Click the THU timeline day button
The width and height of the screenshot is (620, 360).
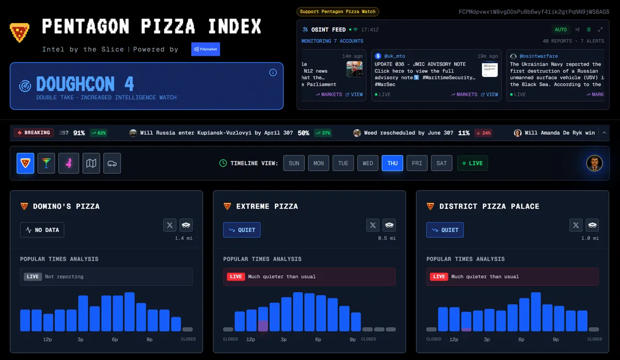pyautogui.click(x=392, y=163)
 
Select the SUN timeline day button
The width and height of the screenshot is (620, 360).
pyautogui.click(x=294, y=163)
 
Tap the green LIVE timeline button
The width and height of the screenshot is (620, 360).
pyautogui.click(x=472, y=163)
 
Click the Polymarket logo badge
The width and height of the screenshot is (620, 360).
pyautogui.click(x=205, y=49)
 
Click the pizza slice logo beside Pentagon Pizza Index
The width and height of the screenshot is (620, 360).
pyautogui.click(x=19, y=32)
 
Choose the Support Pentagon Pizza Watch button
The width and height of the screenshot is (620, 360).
pyautogui.click(x=338, y=11)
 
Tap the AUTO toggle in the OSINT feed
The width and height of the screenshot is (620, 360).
pyautogui.click(x=561, y=29)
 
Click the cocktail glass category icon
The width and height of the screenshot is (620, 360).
pyautogui.click(x=47, y=163)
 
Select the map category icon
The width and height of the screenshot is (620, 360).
pyautogui.click(x=91, y=163)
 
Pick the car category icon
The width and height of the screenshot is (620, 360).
pyautogui.click(x=112, y=163)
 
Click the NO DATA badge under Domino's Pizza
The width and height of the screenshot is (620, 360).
pyautogui.click(x=42, y=230)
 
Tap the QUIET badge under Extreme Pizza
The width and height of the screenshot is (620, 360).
pyautogui.click(x=242, y=230)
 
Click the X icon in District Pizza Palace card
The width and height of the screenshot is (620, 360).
pyautogui.click(x=576, y=225)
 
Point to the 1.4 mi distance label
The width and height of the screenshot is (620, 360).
pyautogui.click(x=183, y=238)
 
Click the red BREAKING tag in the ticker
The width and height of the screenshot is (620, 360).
pyautogui.click(x=34, y=133)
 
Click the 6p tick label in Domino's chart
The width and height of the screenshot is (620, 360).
pyautogui.click(x=115, y=339)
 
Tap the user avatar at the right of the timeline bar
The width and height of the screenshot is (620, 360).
pyautogui.click(x=594, y=163)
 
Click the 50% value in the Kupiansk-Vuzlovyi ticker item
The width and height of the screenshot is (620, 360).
pyautogui.click(x=303, y=133)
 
